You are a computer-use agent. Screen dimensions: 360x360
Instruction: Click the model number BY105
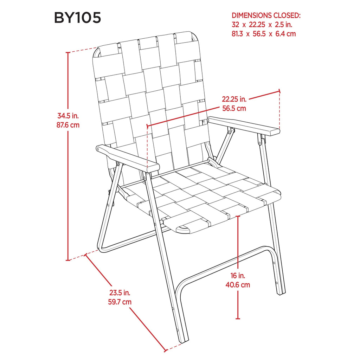coord(78,18)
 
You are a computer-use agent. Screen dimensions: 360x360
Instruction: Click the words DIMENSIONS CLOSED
coord(266,15)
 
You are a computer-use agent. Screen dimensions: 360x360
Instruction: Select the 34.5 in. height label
coord(68,115)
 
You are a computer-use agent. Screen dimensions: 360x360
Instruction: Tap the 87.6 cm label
coord(68,125)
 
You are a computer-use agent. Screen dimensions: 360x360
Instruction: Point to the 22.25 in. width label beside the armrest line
coord(234,99)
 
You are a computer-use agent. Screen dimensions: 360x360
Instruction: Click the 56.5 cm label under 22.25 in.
coord(234,108)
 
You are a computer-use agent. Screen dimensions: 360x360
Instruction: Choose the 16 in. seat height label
coord(238,275)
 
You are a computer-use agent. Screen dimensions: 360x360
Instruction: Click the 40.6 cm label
coord(238,285)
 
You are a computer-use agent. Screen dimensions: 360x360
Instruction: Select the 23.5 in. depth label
coord(120,293)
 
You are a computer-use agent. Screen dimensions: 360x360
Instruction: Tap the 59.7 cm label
coord(120,302)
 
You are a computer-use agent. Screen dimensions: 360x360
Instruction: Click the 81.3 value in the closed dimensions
coord(237,34)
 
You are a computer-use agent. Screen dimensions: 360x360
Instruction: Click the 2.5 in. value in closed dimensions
coord(284,25)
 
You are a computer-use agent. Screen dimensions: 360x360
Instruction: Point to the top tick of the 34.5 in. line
coord(68,53)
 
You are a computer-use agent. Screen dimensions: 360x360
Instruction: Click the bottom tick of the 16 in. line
coord(238,319)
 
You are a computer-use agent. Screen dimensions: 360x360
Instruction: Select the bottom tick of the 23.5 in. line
coord(165,351)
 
